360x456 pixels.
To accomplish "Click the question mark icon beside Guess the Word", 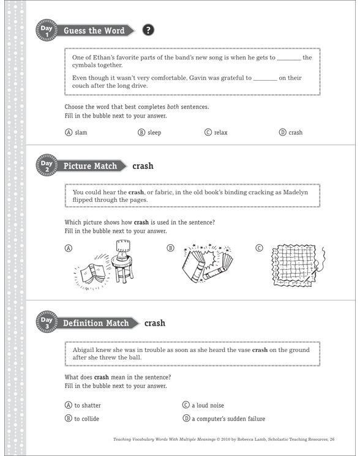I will tap(147, 31).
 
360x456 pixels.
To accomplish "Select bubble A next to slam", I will tap(68, 132).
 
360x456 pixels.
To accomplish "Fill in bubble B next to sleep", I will tap(141, 132).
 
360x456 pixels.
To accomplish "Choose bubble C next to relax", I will tap(208, 132).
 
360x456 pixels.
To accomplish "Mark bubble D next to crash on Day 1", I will tap(282, 132).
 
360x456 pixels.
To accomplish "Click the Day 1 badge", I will tap(47, 31).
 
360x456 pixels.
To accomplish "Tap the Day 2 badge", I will tap(47, 166).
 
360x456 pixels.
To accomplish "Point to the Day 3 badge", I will tap(47, 323).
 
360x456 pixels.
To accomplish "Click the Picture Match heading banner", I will tap(90, 166).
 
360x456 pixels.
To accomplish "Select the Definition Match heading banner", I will tap(96, 323).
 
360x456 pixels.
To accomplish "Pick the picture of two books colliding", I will tap(206, 263).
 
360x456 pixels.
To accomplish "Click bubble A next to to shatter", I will tap(68, 405).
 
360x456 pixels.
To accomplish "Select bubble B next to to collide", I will tap(68, 419).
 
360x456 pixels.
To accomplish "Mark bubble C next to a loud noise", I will tap(186, 405).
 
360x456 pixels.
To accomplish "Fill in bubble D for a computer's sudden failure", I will tap(186, 419).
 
